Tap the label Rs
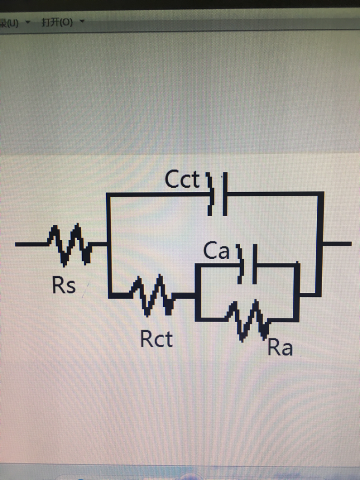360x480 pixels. pos(64,286)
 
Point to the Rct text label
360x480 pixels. pos(156,338)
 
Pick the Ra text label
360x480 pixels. pos(280,348)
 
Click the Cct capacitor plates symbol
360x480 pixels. pos(218,194)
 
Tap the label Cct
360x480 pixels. pos(182,180)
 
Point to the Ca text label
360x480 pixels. pos(216,251)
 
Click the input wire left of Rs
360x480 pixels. pos(32,244)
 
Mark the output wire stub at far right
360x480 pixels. pos(337,244)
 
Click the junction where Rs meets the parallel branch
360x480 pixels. pos(108,245)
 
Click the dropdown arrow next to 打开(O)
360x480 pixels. pos(82,22)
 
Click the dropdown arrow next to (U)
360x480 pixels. pos(28,22)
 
